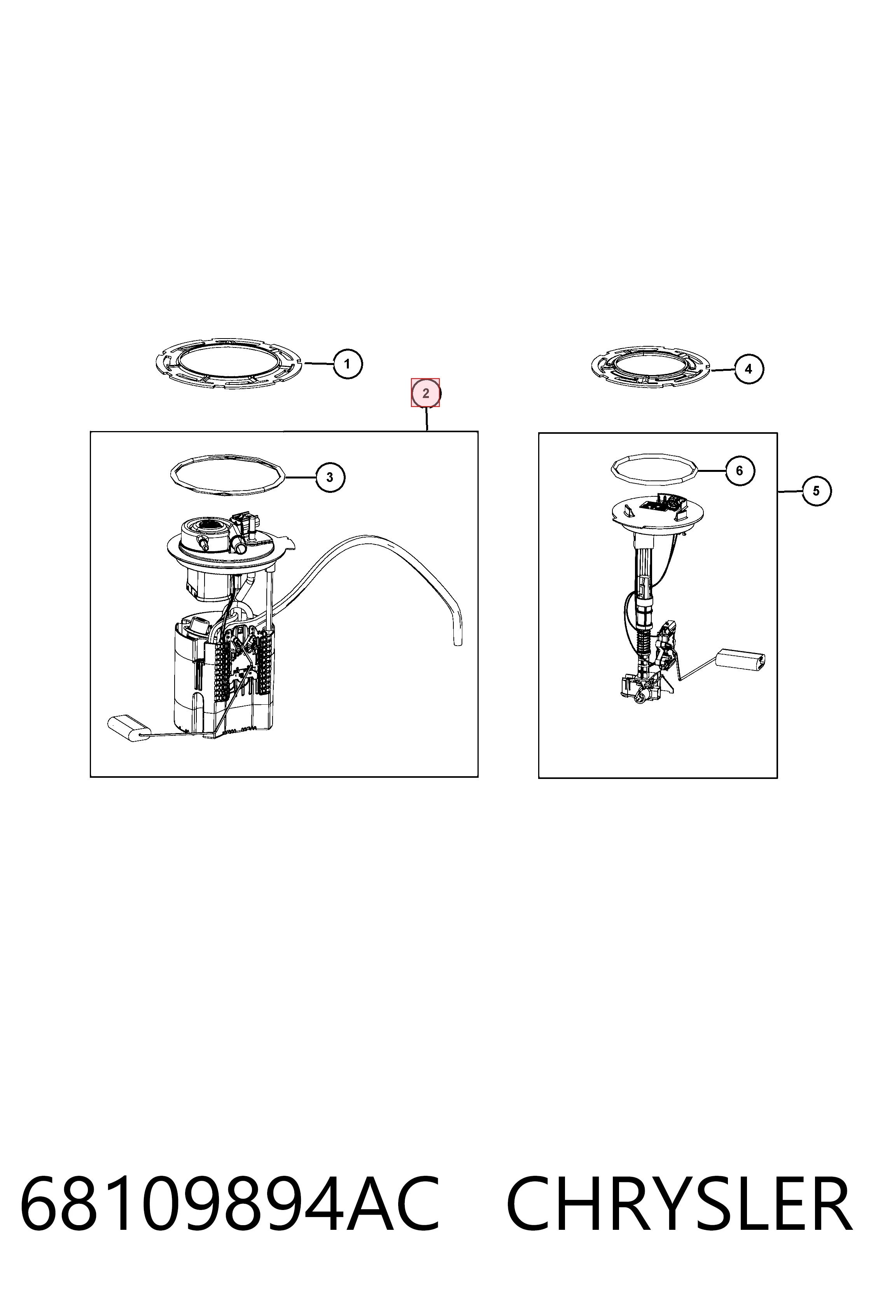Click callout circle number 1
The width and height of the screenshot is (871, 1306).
pyautogui.click(x=348, y=364)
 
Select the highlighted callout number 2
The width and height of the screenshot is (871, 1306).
pyautogui.click(x=425, y=393)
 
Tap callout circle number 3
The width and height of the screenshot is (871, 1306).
pyautogui.click(x=330, y=477)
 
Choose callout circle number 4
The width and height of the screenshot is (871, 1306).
pyautogui.click(x=749, y=369)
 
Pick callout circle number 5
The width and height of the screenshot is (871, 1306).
pyautogui.click(x=817, y=491)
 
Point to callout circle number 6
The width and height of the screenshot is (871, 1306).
pyautogui.click(x=739, y=471)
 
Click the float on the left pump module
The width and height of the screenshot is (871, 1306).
pyautogui.click(x=129, y=728)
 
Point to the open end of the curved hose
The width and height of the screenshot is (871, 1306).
pyautogui.click(x=458, y=644)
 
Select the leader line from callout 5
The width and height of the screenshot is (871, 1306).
pyautogui.click(x=790, y=491)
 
